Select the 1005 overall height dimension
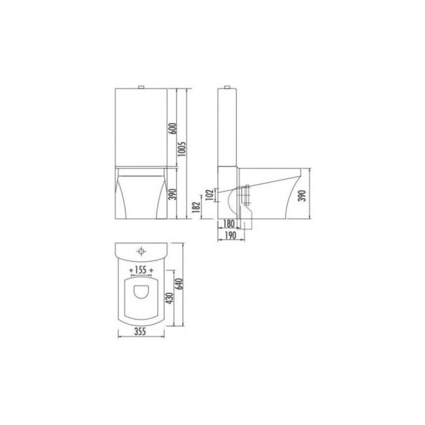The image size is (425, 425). click(x=183, y=149)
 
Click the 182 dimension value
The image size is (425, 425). click(x=197, y=207)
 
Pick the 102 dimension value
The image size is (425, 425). click(x=209, y=194)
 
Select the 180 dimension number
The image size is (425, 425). click(x=228, y=224)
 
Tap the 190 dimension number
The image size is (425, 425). click(x=231, y=235)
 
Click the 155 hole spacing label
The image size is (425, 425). click(x=141, y=270)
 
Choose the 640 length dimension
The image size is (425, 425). click(x=180, y=284)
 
